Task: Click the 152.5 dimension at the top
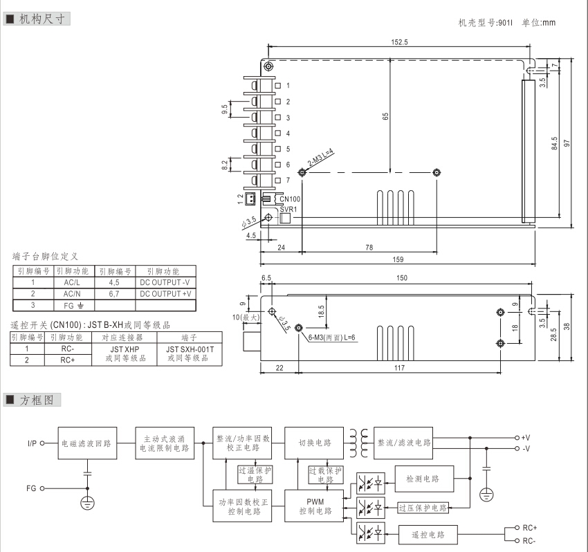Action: point(399,42)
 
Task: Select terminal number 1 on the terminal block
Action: point(287,86)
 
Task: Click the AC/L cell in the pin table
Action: point(72,282)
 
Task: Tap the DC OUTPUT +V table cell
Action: point(165,293)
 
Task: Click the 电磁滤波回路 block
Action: point(87,443)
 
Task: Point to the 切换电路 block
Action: point(315,443)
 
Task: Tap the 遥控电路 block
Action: point(427,535)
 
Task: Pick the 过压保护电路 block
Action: point(423,508)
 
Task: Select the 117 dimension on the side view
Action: point(399,368)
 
